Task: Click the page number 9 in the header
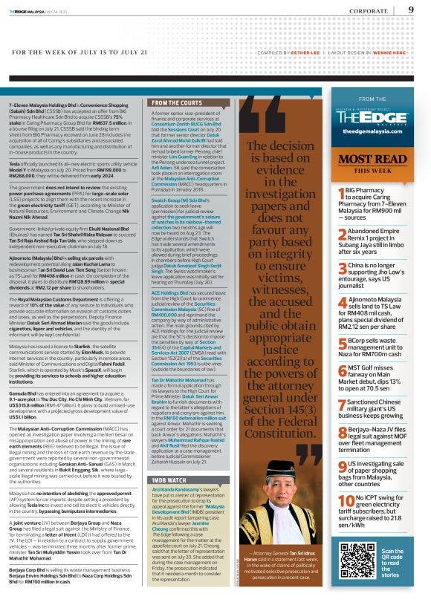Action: point(410,10)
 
